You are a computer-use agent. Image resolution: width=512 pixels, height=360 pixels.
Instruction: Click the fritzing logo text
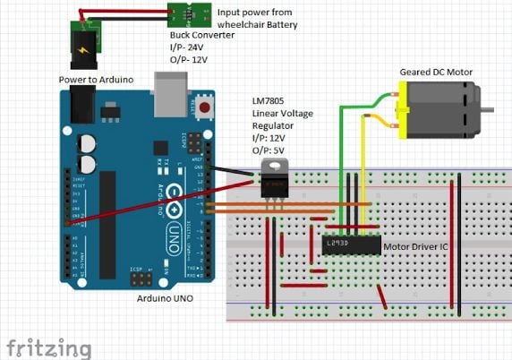(x=48, y=346)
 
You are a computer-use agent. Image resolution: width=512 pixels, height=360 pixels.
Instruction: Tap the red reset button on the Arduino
(x=205, y=108)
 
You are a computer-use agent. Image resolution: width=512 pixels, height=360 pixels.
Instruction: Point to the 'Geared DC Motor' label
(x=436, y=72)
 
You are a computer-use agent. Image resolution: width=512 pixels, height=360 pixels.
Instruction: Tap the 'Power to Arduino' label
(x=96, y=80)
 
